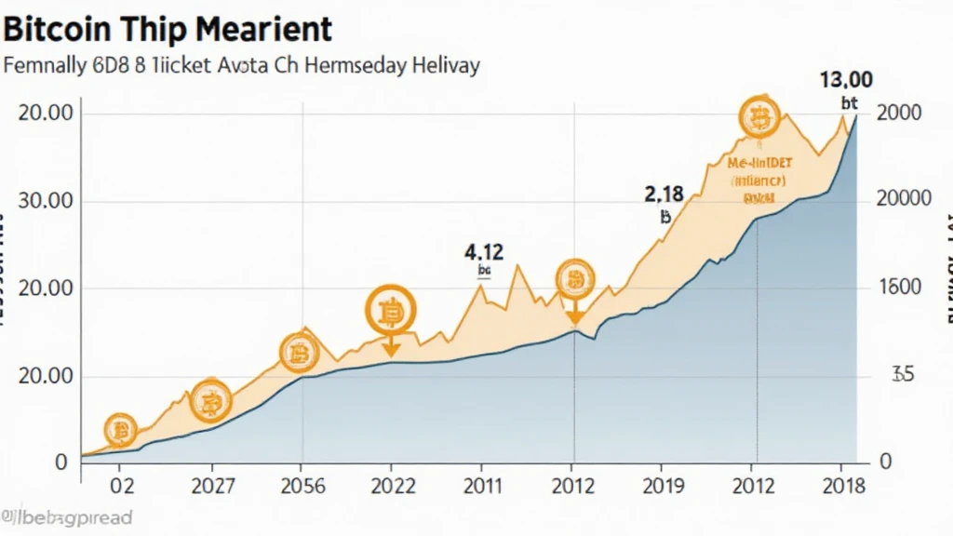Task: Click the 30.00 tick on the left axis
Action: [x=47, y=202]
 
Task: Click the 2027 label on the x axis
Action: [x=212, y=486]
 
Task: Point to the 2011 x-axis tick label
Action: [x=481, y=486]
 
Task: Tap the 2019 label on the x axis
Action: [x=663, y=486]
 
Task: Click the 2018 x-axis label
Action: [x=843, y=486]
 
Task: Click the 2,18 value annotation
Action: [x=664, y=194]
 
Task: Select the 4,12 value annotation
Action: [x=483, y=251]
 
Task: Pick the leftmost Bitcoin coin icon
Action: [x=120, y=430]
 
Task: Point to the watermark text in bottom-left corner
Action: [x=67, y=517]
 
